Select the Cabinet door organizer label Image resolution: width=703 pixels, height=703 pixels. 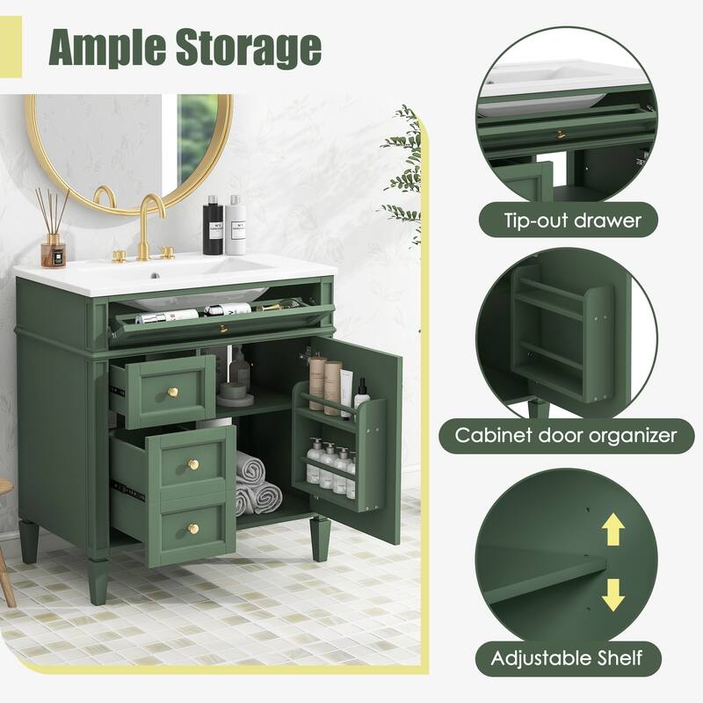tap(566, 434)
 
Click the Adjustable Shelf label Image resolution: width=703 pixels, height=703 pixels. tap(566, 656)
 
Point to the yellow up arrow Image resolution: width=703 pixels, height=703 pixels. tap(612, 530)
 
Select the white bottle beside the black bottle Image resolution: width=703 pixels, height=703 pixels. tap(235, 227)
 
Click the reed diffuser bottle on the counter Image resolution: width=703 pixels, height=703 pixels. tap(54, 249)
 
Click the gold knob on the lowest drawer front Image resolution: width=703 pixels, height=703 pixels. tap(192, 527)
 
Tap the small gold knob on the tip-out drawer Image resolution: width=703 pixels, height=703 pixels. tap(223, 329)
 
